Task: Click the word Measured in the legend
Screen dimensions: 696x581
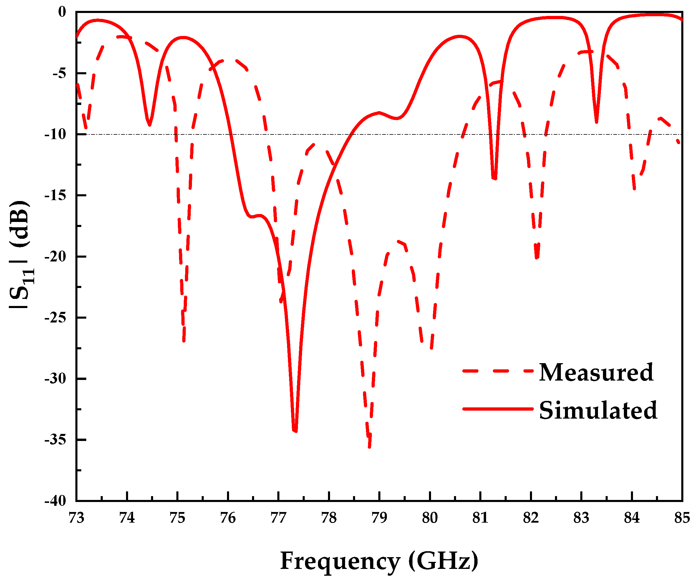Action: [x=596, y=373]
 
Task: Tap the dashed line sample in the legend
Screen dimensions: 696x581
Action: [x=498, y=371]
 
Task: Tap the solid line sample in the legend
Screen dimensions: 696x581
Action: [x=498, y=409]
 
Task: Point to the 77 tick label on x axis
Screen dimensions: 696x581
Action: [x=279, y=518]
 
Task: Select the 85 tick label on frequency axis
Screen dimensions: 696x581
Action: [x=682, y=518]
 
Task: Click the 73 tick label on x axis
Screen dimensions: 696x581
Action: [x=77, y=518]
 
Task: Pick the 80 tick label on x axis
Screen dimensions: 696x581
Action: [x=430, y=518]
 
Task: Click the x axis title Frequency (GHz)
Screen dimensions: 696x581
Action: [x=380, y=561]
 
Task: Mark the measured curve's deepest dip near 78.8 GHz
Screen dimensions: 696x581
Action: [x=369, y=446]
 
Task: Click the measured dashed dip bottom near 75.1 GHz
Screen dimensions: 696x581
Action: [x=184, y=340]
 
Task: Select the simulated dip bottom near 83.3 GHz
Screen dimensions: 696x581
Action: [x=596, y=122]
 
